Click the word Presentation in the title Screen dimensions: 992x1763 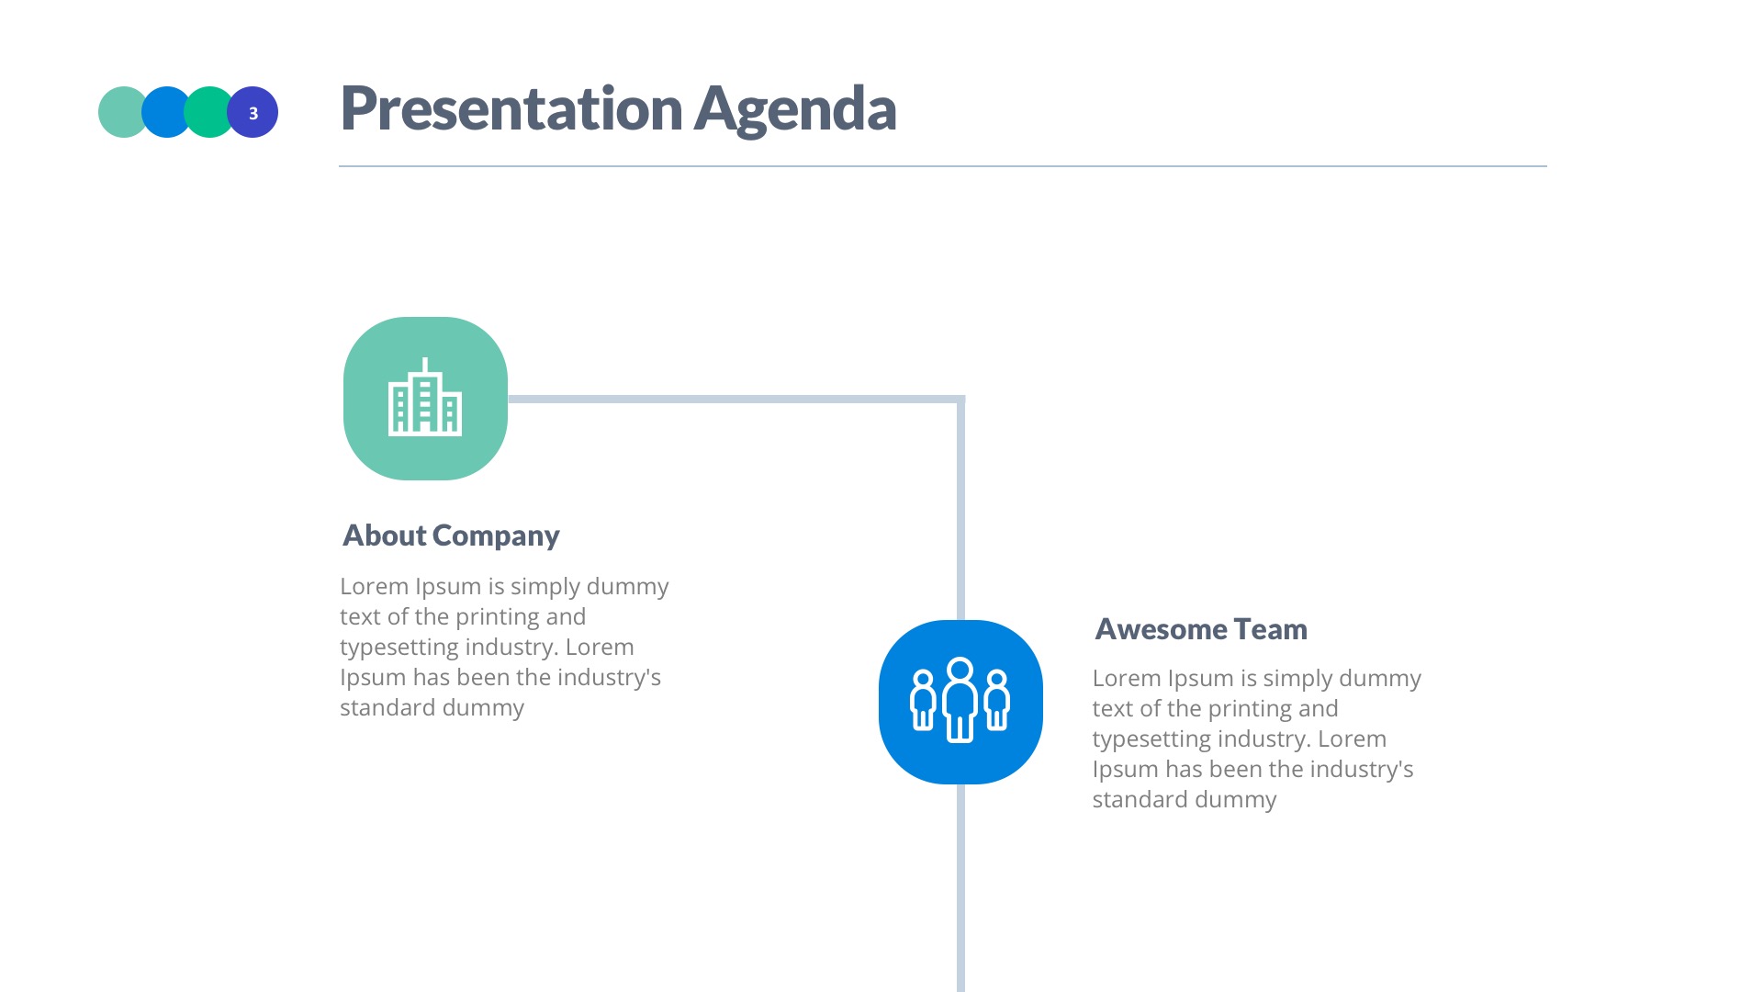511,108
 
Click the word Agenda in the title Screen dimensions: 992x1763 794,108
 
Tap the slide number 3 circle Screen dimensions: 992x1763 253,113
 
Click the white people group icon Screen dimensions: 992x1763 960,701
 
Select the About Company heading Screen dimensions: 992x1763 451,535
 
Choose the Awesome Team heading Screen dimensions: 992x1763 1201,629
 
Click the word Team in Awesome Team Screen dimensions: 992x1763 1271,629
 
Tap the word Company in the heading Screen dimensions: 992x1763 496,535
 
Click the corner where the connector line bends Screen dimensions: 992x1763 960,400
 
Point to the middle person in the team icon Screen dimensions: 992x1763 960,700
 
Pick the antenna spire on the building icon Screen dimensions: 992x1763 425,365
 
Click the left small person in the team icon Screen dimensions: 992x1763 923,702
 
